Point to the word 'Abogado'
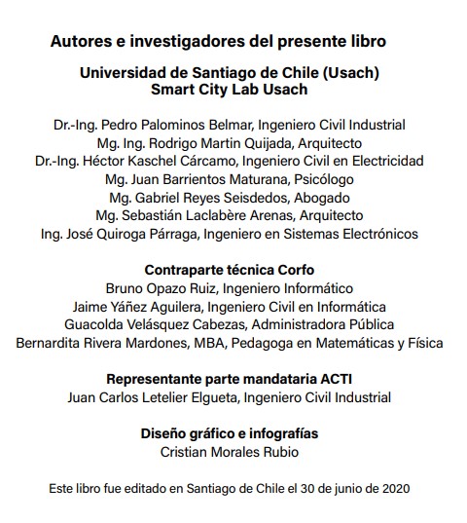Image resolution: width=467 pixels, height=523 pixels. [317, 198]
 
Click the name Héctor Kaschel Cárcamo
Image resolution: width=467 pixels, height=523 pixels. [161, 161]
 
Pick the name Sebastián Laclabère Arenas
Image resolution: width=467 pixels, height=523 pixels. [194, 215]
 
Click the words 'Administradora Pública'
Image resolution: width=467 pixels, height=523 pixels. [311, 324]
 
